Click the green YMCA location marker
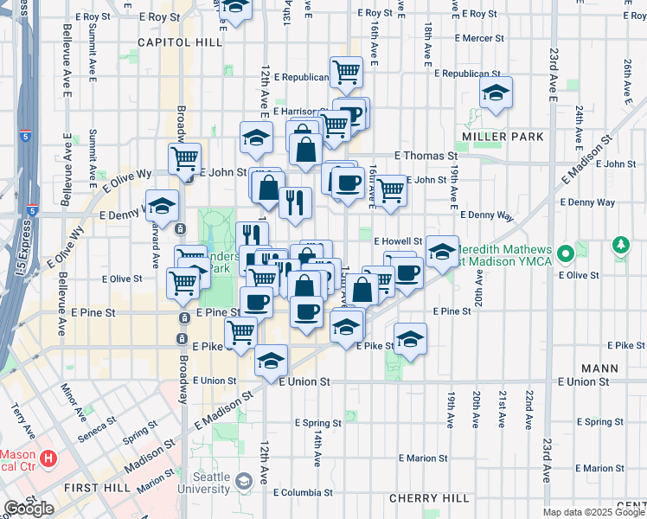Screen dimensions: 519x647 pos(565,254)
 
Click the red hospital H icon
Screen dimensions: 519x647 pos(49,458)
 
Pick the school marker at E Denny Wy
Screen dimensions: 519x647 pos(162,205)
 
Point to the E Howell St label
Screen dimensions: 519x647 pos(397,241)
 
